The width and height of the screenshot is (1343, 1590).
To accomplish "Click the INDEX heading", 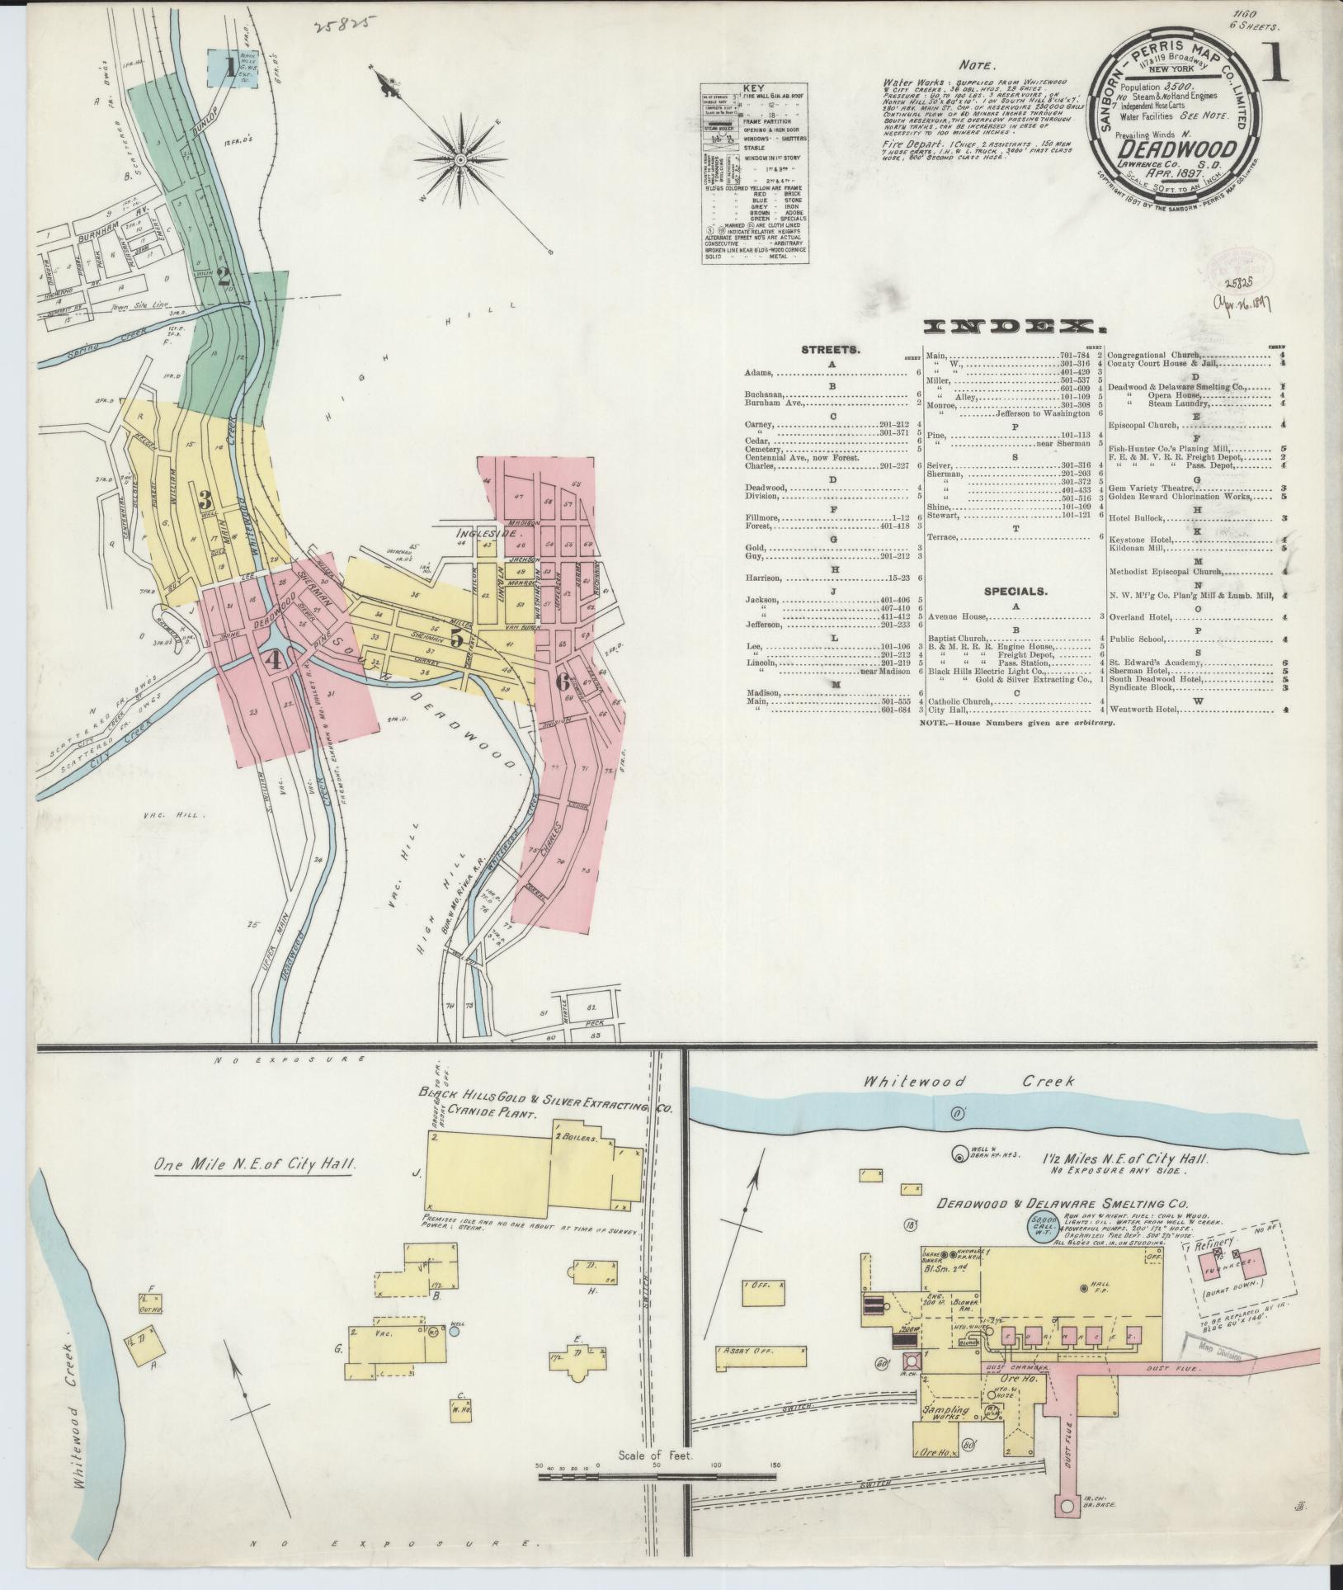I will tap(1014, 327).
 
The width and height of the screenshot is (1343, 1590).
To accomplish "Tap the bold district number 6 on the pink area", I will tap(563, 682).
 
